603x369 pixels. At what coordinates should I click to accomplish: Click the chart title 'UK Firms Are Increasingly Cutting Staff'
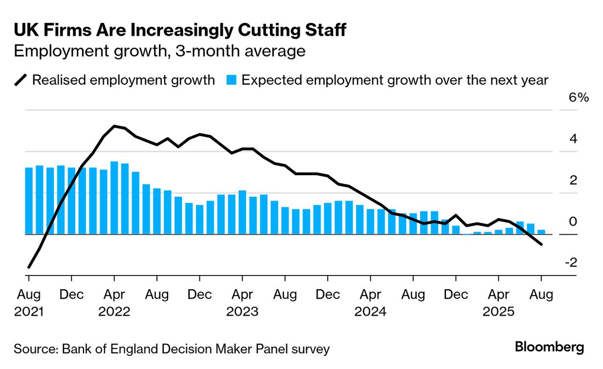(180, 30)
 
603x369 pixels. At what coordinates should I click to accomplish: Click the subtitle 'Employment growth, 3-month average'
(159, 51)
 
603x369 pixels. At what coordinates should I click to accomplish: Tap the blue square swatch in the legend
(232, 80)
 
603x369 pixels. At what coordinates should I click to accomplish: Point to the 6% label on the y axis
(577, 97)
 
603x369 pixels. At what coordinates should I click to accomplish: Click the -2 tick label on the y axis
(571, 263)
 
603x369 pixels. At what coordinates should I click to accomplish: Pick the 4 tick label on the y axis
(573, 139)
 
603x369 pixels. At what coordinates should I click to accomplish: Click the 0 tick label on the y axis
(573, 222)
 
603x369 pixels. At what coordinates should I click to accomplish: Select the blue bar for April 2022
(114, 198)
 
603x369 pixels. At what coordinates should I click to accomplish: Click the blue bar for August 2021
(29, 201)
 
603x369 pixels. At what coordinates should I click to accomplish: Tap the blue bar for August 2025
(541, 232)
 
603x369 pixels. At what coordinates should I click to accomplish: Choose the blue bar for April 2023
(242, 212)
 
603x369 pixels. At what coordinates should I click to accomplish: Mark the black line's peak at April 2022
(114, 126)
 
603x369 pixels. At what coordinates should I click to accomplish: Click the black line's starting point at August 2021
(29, 267)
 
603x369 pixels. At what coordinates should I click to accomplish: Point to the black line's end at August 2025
(541, 244)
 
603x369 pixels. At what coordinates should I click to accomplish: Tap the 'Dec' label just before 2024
(328, 295)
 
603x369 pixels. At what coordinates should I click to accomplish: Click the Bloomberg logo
(550, 348)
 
